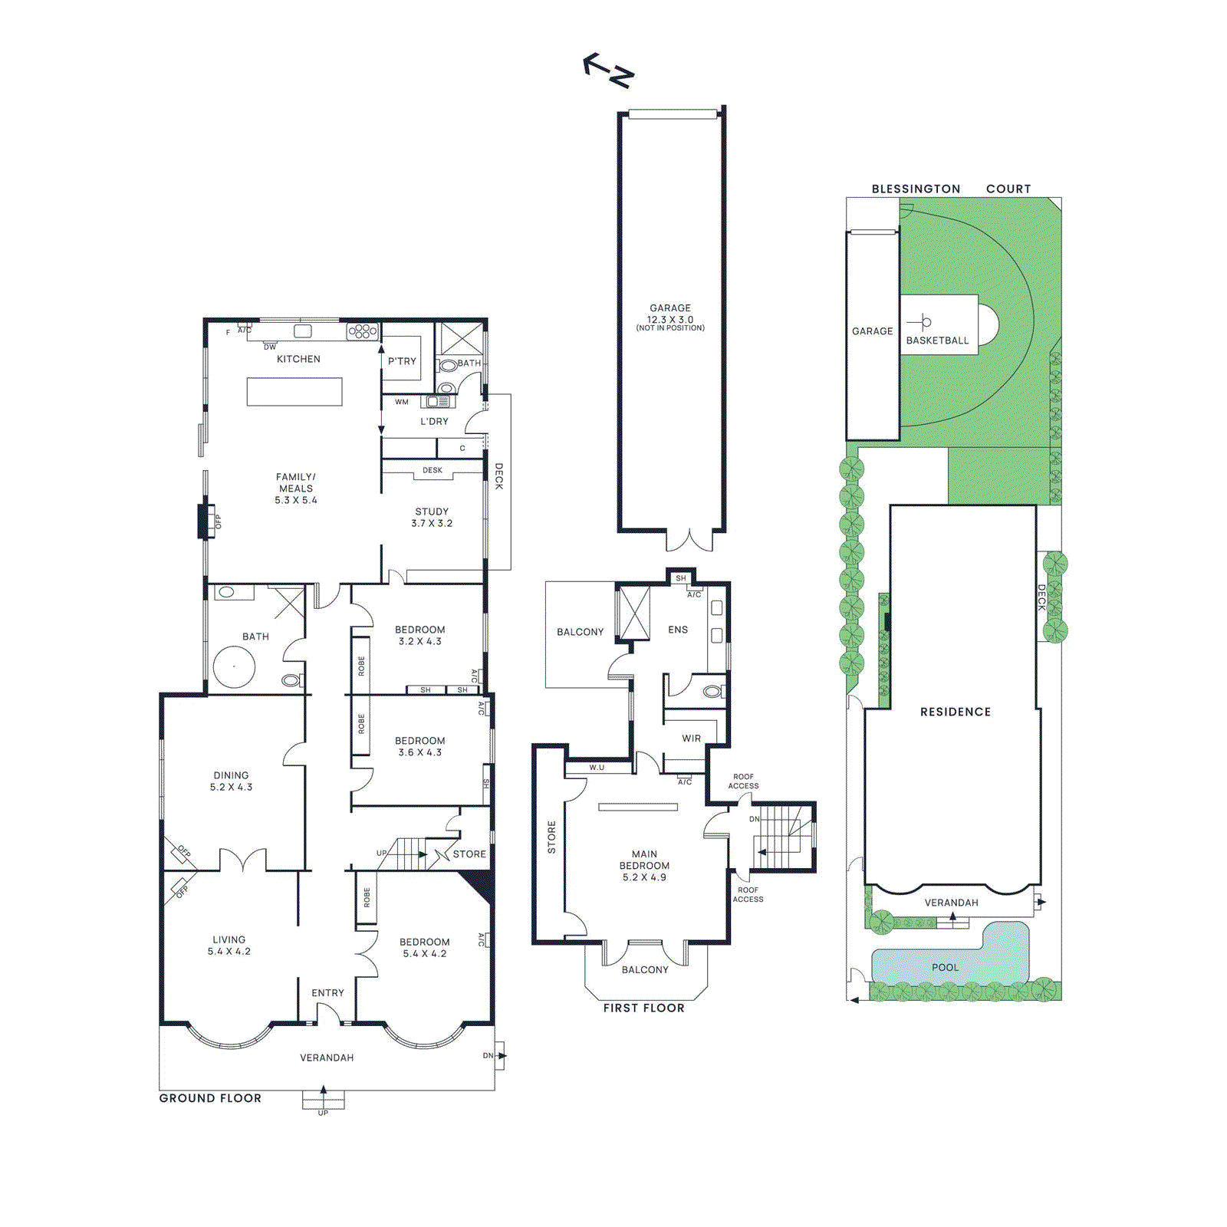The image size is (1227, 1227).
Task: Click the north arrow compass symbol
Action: pyautogui.click(x=609, y=71)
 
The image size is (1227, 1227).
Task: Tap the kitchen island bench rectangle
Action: pyautogui.click(x=294, y=392)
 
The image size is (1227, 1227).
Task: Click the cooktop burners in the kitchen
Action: pyautogui.click(x=363, y=331)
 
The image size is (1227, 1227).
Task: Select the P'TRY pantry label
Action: pyautogui.click(x=402, y=361)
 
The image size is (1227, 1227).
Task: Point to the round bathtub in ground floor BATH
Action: pyautogui.click(x=234, y=666)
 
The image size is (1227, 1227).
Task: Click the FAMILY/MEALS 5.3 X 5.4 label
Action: pyautogui.click(x=296, y=488)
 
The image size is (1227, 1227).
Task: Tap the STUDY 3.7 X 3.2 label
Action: pyautogui.click(x=432, y=518)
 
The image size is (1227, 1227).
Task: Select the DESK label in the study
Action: pyautogui.click(x=433, y=470)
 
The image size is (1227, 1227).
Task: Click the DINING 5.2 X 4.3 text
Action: pyautogui.click(x=231, y=781)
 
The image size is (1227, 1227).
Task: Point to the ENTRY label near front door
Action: pyautogui.click(x=327, y=993)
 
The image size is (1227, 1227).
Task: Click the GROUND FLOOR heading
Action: pyautogui.click(x=210, y=1098)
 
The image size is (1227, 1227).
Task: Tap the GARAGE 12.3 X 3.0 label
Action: pyautogui.click(x=670, y=314)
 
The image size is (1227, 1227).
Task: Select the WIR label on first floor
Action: pyautogui.click(x=691, y=739)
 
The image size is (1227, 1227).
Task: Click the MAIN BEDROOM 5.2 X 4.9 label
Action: pyautogui.click(x=644, y=866)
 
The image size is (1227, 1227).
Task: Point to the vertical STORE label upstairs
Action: pyautogui.click(x=551, y=837)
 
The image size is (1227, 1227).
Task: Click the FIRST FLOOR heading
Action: pyautogui.click(x=643, y=1008)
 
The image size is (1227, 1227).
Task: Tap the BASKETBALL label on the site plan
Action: pyautogui.click(x=937, y=340)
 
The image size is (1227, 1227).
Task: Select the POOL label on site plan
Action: pyautogui.click(x=945, y=968)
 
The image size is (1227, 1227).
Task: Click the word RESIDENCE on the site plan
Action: pyautogui.click(x=955, y=712)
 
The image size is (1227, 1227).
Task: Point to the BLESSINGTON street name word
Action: pyautogui.click(x=916, y=189)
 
